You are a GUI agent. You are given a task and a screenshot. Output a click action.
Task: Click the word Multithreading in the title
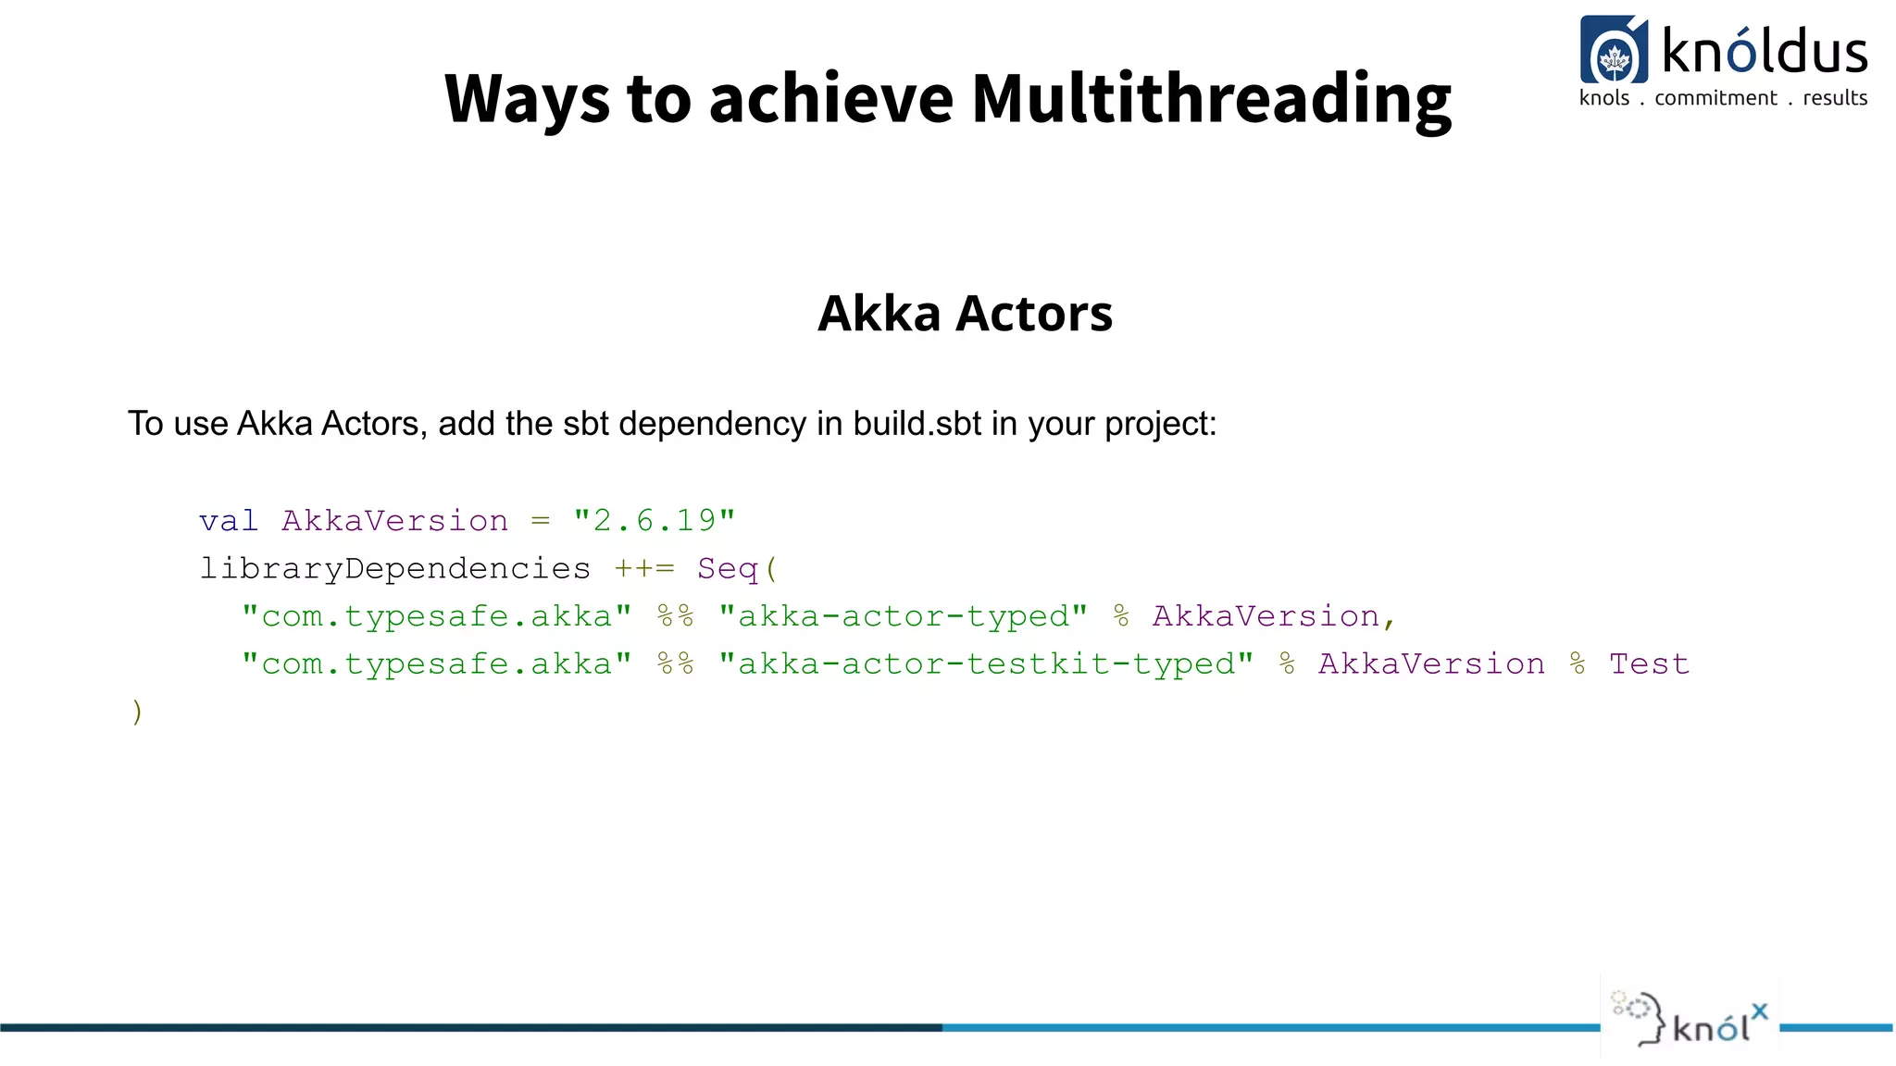[1211, 100]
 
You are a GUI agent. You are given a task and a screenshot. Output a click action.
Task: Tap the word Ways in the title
[527, 100]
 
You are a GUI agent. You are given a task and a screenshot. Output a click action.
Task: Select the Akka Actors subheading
[965, 314]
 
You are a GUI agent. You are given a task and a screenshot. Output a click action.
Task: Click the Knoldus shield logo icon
[1614, 51]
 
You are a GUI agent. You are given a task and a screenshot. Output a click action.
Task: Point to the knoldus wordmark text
[1765, 52]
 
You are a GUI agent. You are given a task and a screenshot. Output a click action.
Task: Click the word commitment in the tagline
[1715, 98]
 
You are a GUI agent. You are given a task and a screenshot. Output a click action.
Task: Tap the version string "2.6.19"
[654, 521]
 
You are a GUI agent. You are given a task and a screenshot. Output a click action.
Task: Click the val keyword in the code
[229, 521]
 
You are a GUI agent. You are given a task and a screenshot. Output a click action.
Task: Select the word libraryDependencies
[394, 568]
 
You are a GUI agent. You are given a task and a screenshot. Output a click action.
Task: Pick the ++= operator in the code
[644, 568]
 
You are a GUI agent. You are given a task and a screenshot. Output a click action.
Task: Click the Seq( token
[738, 568]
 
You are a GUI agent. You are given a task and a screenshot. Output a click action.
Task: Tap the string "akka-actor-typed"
[903, 616]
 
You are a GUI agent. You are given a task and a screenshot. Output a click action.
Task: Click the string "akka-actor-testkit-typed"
[986, 664]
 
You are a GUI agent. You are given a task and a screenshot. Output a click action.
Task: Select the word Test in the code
[1649, 664]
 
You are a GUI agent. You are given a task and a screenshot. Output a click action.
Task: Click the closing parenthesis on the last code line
[137, 712]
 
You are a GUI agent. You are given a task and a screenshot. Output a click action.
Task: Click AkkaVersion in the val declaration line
[394, 521]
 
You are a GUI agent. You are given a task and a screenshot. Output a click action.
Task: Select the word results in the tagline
[1835, 98]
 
